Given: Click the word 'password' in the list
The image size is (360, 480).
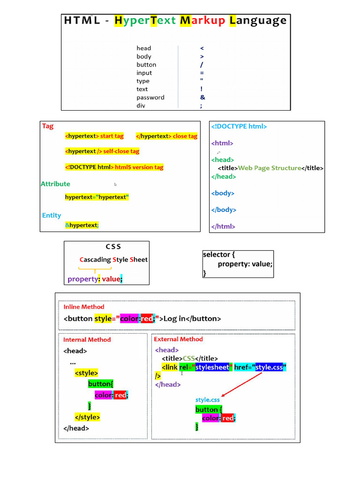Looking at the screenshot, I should point(150,97).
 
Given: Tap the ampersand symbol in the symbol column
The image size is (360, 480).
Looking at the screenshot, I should point(202,97).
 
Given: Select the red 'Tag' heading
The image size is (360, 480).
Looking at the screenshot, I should point(48,126).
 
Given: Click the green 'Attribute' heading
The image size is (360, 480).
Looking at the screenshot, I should point(55,184).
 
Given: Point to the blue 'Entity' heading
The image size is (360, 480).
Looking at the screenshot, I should point(52,216).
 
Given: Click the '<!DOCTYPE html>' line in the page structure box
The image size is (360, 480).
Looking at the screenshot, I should point(239,126).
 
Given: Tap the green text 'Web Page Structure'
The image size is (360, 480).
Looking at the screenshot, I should point(270,168).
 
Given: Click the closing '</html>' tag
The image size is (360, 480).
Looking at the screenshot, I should point(223,226).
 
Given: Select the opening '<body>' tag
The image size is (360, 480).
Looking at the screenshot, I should point(223,193).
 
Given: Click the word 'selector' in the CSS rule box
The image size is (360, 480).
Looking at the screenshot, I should point(217,255).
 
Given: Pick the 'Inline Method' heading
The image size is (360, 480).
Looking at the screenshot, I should point(84,307).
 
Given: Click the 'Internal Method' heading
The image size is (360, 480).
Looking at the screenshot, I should point(87,339).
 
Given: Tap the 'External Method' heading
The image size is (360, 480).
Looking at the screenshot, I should point(178,339).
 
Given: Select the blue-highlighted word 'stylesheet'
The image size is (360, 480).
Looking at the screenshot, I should point(212,367).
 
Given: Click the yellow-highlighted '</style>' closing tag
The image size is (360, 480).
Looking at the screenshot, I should point(87,417).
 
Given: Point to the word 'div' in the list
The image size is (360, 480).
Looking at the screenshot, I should point(141,105).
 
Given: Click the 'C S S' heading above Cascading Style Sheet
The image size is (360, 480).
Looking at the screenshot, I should point(113,247).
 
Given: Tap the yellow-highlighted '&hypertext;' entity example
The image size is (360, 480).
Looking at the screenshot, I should point(82,225).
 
